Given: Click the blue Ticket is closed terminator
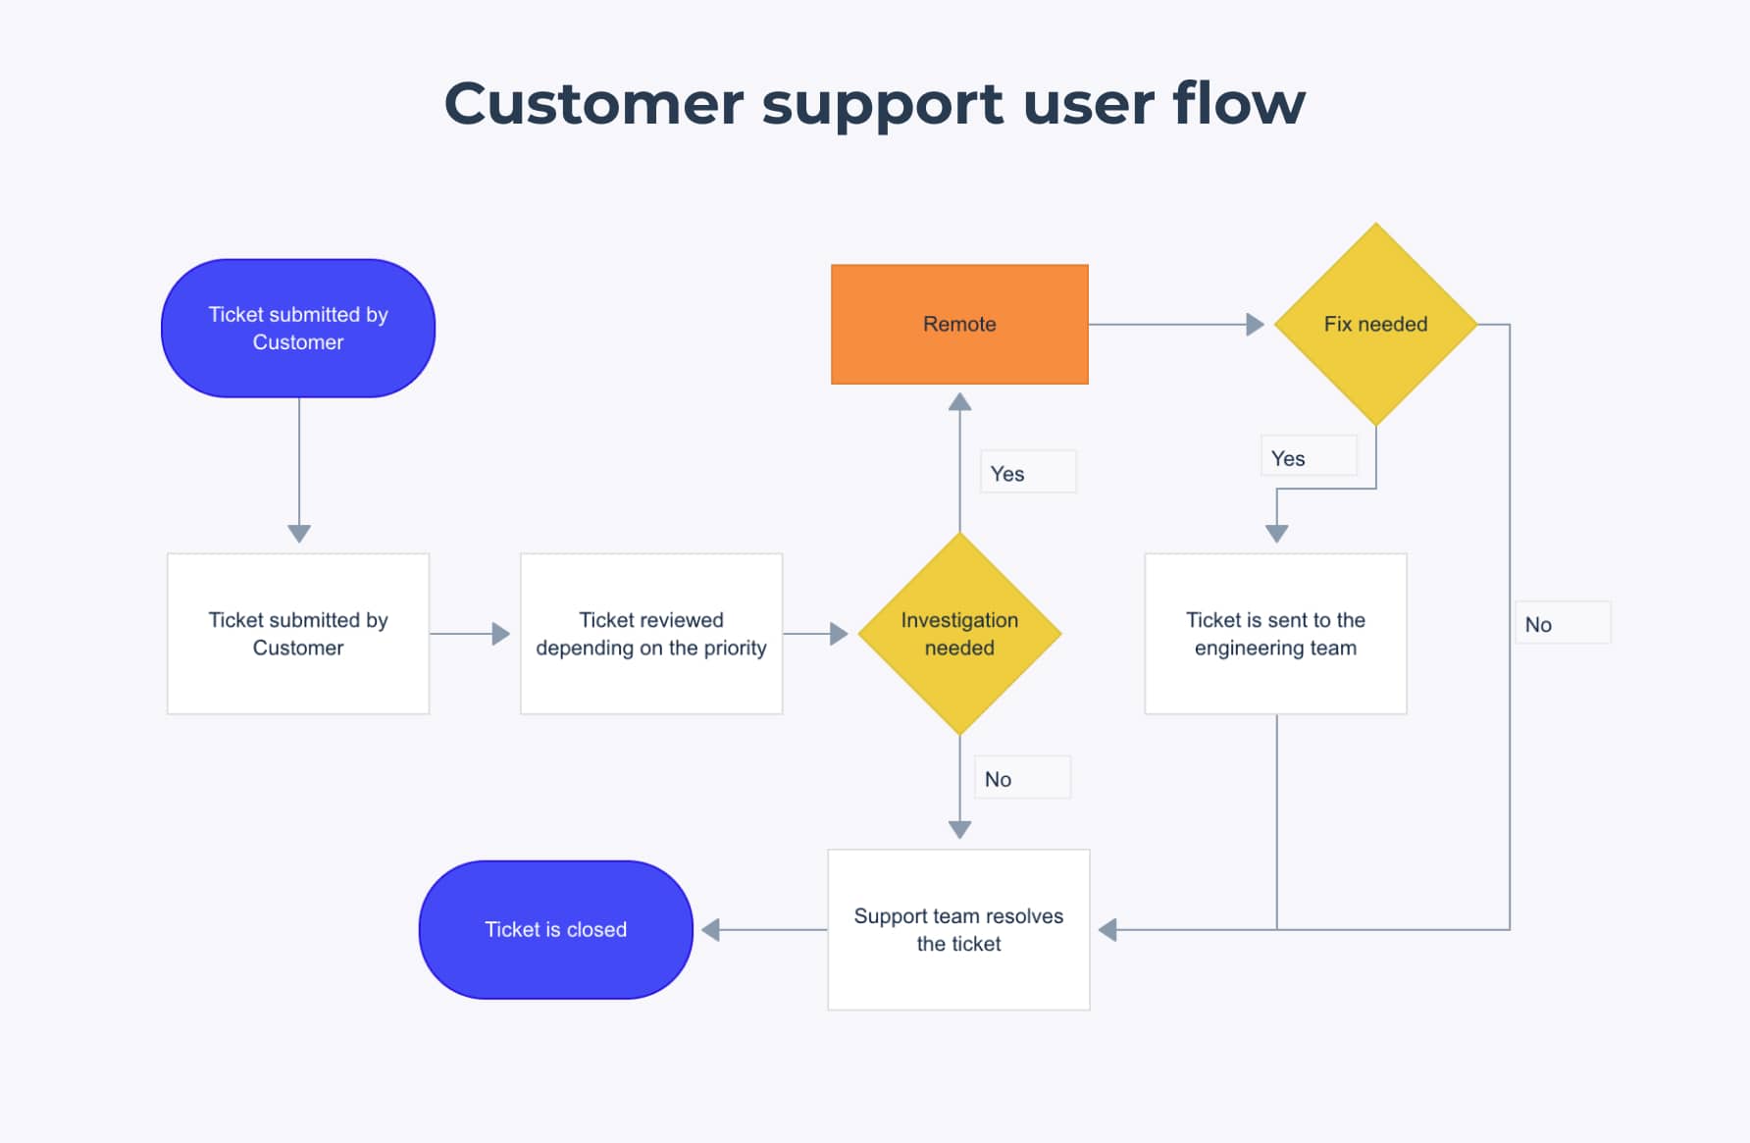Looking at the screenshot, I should [556, 930].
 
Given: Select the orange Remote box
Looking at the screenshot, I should [959, 324].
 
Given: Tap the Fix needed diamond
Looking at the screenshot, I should [1375, 324].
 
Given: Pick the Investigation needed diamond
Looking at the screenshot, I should [959, 634].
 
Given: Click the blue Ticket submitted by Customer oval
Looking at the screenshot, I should [298, 328].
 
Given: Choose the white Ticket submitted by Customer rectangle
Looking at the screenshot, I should [298, 634].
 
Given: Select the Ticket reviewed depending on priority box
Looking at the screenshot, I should [651, 634].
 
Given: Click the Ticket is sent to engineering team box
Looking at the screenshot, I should [1275, 634].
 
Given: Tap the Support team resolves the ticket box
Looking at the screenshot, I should [958, 930].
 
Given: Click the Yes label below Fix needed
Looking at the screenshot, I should [1288, 458].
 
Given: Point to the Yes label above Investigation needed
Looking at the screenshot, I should [1007, 474].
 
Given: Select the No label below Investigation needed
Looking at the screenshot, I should [999, 779].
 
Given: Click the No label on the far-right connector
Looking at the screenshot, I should [1538, 625].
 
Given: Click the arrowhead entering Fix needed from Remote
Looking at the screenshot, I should [1255, 325].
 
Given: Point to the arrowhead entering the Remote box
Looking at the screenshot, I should [960, 401].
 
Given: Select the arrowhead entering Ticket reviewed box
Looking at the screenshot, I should [500, 634].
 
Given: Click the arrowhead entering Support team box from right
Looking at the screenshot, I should [1107, 930].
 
